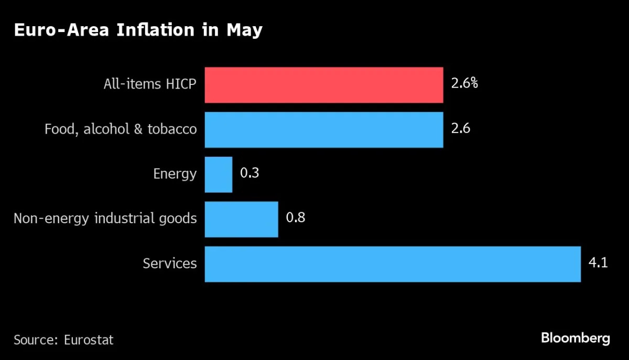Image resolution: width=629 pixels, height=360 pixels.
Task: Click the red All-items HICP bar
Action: (323, 85)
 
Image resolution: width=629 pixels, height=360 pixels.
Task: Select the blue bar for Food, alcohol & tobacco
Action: (323, 129)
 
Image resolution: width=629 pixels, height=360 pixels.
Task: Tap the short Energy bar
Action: (218, 174)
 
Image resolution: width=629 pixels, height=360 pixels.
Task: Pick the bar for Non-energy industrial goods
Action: (241, 219)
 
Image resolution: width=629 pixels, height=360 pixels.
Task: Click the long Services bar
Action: (392, 264)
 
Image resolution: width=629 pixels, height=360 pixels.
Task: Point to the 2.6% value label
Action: (464, 83)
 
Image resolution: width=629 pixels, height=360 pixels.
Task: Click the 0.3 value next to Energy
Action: (250, 173)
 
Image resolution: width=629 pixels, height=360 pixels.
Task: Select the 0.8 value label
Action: (295, 217)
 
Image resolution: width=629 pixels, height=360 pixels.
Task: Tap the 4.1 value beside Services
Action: (598, 262)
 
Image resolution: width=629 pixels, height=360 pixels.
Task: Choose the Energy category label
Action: (175, 174)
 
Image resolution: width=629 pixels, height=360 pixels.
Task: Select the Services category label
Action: (170, 263)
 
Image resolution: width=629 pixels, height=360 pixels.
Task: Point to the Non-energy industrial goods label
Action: (105, 219)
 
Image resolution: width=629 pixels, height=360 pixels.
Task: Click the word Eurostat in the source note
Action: (89, 340)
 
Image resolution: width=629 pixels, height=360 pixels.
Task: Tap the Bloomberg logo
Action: (575, 338)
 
